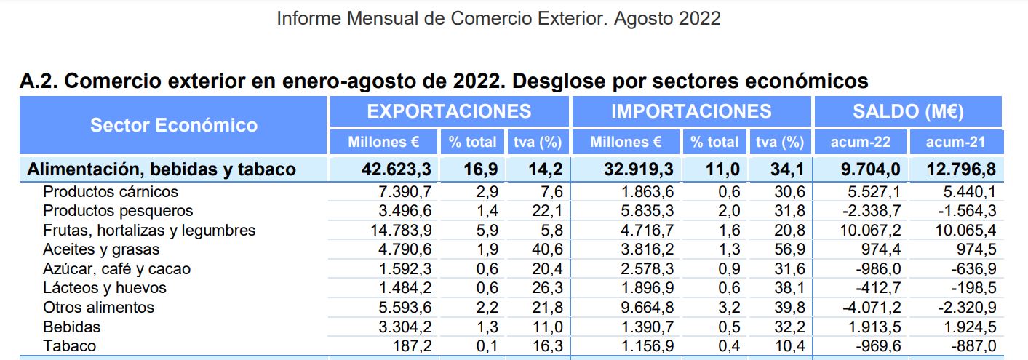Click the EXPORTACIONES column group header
pos(449,111)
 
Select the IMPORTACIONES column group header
pos(691,111)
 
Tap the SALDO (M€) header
pos(908,111)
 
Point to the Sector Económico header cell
pos(174,125)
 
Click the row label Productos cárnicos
pos(111,192)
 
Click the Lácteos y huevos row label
pos(105,288)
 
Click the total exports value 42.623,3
pos(397,169)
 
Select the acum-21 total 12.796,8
pos(960,169)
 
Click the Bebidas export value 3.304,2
pos(405,327)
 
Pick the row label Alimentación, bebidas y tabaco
pos(162,169)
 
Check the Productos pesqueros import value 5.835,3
pos(642,211)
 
